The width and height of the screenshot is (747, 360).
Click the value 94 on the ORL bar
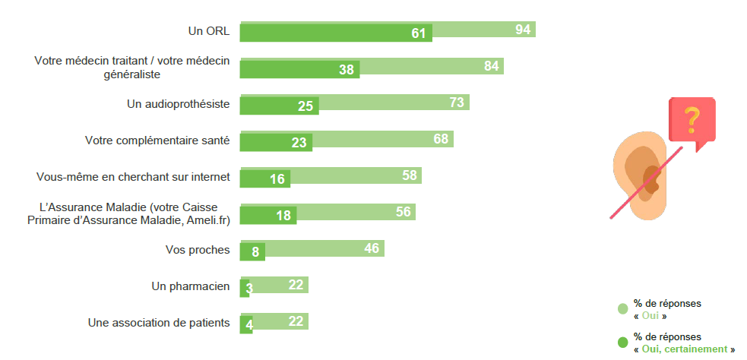click(523, 30)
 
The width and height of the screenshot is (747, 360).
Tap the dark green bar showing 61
click(335, 33)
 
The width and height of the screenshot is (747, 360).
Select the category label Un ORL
click(209, 32)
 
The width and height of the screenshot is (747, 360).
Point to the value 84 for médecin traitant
click(491, 66)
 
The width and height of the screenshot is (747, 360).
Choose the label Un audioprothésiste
click(178, 104)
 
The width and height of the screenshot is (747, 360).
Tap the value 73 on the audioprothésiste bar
click(457, 103)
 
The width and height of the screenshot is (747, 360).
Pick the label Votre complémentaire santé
click(157, 141)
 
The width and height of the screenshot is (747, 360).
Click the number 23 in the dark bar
click(299, 143)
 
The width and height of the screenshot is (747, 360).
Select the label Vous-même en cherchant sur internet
click(133, 177)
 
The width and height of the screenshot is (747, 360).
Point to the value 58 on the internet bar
click(410, 175)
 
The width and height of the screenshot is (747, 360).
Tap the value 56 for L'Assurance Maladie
click(404, 212)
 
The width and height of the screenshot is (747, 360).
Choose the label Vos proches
click(198, 250)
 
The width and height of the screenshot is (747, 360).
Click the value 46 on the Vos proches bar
click(372, 248)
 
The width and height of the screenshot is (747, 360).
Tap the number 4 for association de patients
click(249, 325)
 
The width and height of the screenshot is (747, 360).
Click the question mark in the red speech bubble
click(692, 119)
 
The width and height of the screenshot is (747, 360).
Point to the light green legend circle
click(622, 308)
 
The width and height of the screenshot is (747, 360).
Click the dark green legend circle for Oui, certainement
click(622, 342)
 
